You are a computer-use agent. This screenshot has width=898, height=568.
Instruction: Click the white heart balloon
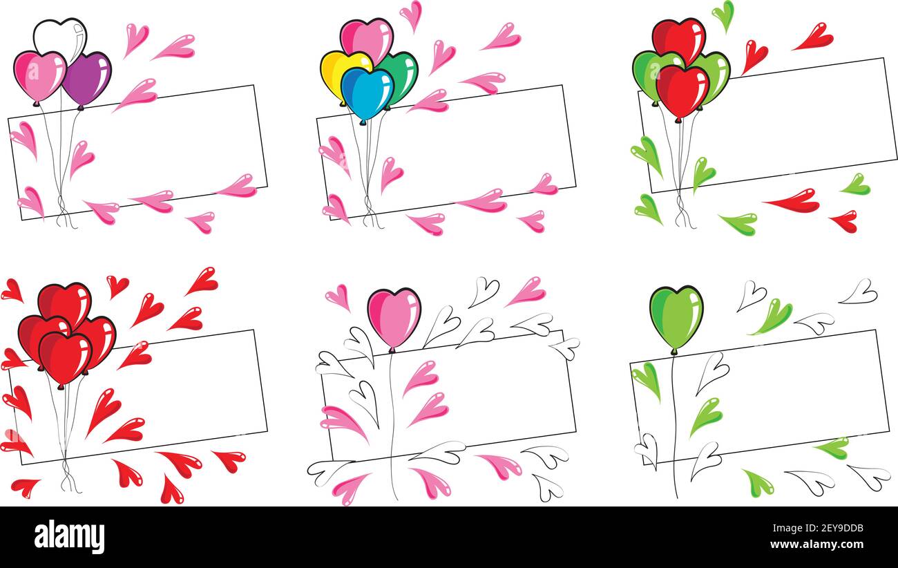pyautogui.click(x=59, y=36)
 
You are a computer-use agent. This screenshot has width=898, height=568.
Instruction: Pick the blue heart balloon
pyautogui.click(x=367, y=93)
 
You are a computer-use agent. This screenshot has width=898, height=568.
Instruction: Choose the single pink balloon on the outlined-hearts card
pyautogui.click(x=394, y=316)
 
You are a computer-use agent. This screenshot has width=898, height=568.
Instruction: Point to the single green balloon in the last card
pyautogui.click(x=676, y=315)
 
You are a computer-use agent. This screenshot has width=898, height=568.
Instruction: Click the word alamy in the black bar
pyautogui.click(x=69, y=537)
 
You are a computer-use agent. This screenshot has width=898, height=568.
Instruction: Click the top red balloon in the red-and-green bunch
pyautogui.click(x=678, y=39)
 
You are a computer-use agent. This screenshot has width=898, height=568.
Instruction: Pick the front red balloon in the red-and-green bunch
pyautogui.click(x=682, y=90)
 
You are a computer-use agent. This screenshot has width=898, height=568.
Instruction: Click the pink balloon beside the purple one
pyautogui.click(x=39, y=74)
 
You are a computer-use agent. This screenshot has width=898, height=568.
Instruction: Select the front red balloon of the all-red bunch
pyautogui.click(x=65, y=356)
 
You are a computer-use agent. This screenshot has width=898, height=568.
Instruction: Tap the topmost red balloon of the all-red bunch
pyautogui.click(x=65, y=301)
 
